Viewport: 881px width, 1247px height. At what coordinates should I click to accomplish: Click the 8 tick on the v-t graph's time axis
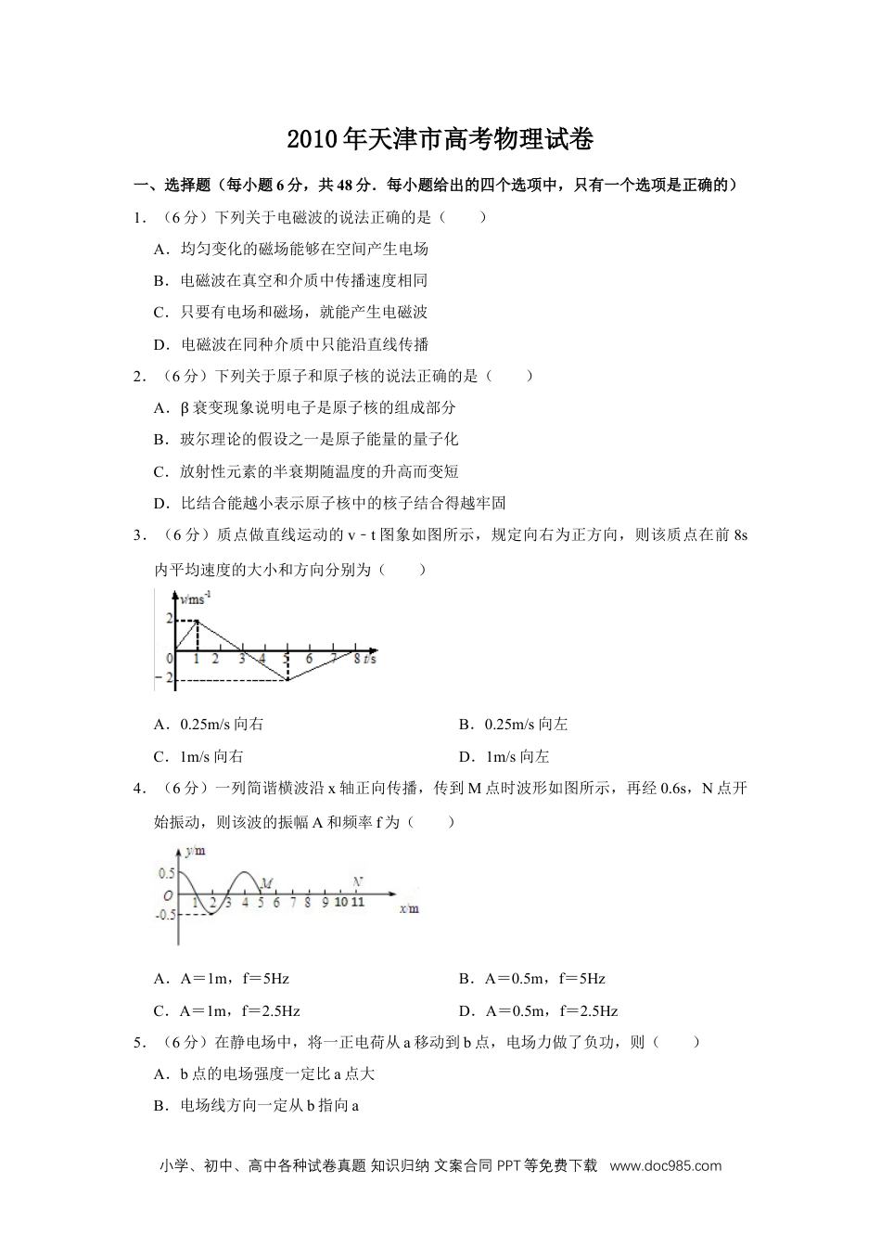[x=357, y=659]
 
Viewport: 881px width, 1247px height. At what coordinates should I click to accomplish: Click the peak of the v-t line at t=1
[x=196, y=621]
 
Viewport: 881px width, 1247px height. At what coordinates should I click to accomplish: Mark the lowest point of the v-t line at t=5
[x=287, y=679]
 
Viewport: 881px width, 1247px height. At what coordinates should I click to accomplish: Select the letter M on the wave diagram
[x=266, y=882]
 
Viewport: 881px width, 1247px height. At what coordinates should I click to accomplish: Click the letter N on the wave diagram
[x=358, y=882]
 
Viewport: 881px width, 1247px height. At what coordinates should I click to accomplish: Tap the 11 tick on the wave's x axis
[x=358, y=902]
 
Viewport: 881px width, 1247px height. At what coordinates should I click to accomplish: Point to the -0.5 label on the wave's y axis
[x=165, y=915]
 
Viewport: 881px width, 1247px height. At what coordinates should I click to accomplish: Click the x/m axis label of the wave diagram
[x=409, y=909]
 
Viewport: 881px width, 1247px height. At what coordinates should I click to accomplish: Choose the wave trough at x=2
[x=211, y=915]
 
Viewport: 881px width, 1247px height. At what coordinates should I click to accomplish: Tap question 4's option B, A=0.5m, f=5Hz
[x=531, y=979]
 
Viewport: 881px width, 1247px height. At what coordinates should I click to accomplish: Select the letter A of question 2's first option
[x=160, y=407]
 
